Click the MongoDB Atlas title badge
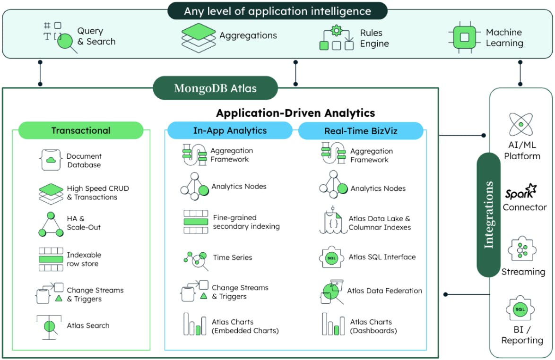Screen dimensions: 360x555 tap(215, 88)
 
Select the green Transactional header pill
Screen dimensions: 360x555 tap(80, 130)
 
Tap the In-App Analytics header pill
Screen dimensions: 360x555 tap(230, 130)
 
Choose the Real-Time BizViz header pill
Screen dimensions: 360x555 tap(360, 131)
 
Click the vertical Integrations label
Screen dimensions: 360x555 tap(488, 214)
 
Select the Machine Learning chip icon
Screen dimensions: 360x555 tap(464, 37)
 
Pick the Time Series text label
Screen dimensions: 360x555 tap(232, 257)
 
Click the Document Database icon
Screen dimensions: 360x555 tap(50, 160)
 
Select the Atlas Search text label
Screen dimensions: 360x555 tap(88, 326)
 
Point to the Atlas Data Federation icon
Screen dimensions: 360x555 tap(331, 291)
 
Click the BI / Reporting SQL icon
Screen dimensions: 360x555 tap(520, 309)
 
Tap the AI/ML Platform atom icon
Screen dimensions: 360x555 tap(520, 124)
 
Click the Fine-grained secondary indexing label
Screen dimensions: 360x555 tap(246, 222)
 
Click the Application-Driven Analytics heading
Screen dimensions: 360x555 tap(295, 113)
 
